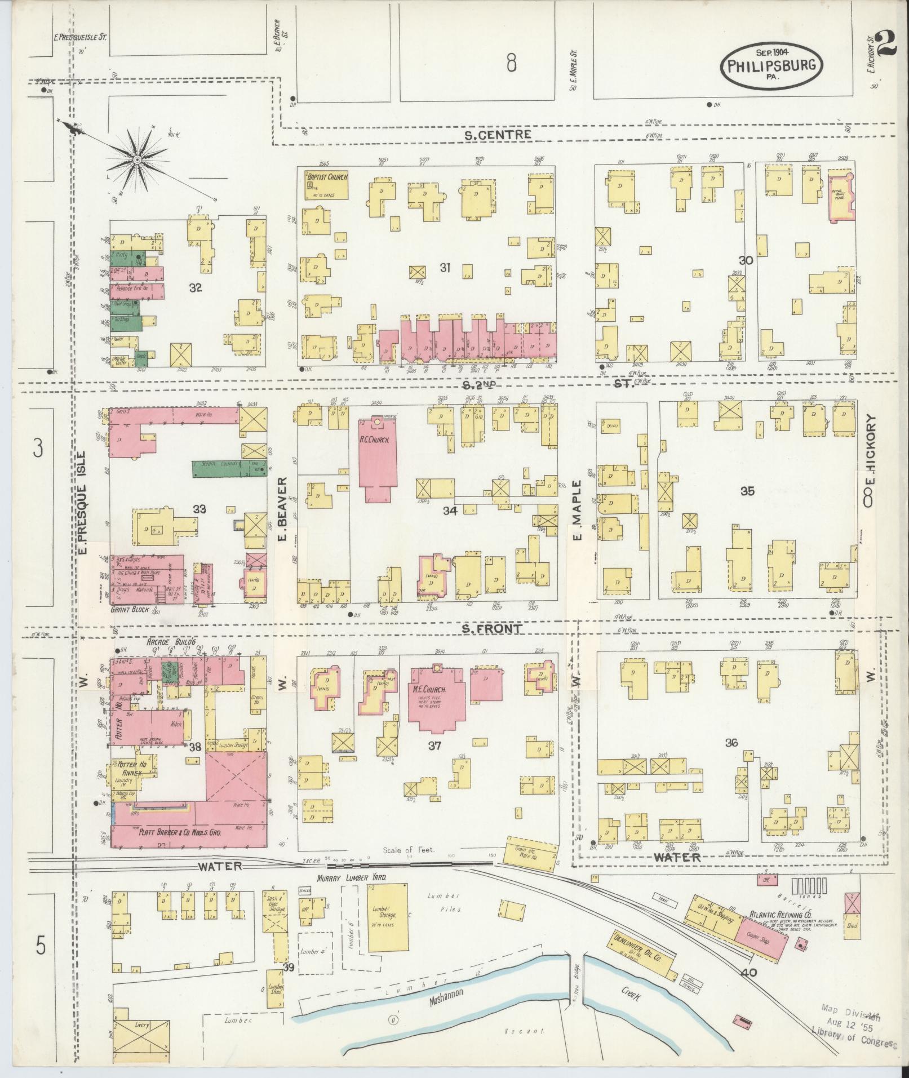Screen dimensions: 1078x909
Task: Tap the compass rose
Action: click(x=136, y=161)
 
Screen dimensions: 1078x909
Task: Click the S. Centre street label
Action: click(x=498, y=134)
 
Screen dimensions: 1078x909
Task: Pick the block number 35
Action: click(x=747, y=491)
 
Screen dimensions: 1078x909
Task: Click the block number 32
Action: click(x=196, y=288)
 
